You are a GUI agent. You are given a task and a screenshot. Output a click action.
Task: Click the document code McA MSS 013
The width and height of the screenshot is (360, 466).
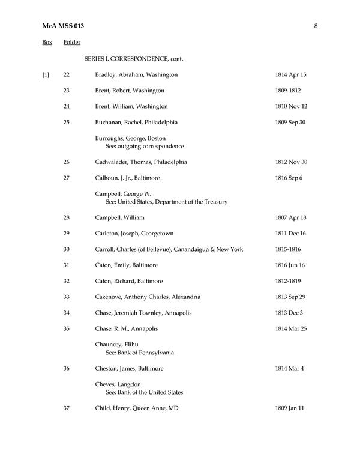click(63, 26)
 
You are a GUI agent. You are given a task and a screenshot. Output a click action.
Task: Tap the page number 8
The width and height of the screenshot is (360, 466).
click(316, 26)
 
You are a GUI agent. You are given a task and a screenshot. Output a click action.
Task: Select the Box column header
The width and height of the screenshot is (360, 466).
click(47, 43)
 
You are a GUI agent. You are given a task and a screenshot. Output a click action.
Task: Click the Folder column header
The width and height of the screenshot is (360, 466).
click(72, 43)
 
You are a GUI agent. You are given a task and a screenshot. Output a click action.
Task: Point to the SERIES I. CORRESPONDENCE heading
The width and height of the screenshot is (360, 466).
click(133, 59)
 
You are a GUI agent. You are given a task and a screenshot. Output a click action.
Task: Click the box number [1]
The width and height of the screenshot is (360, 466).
click(46, 75)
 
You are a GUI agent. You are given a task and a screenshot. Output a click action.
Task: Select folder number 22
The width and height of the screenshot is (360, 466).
click(67, 75)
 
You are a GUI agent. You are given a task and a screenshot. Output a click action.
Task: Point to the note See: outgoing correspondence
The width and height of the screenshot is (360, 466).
click(145, 146)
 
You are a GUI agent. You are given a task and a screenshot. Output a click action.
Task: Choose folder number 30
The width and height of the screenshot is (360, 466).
click(67, 249)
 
